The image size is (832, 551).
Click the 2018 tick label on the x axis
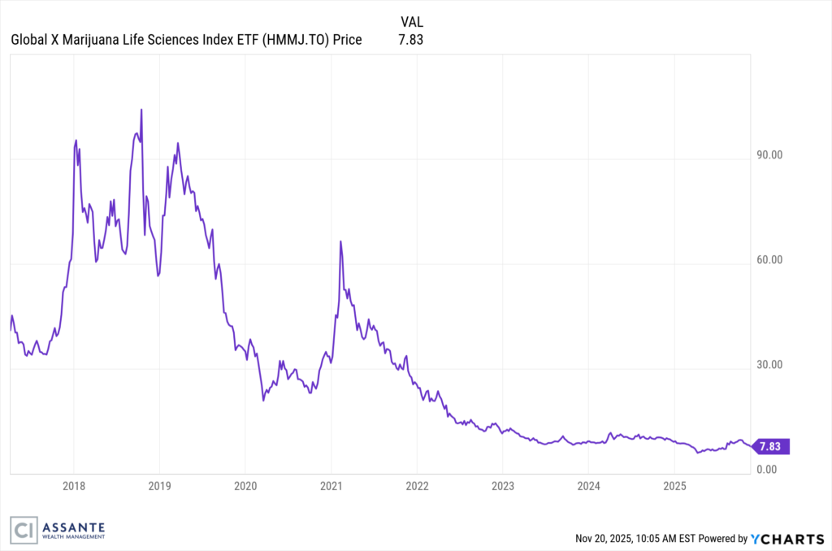point(73,487)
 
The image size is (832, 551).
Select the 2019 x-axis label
point(159,487)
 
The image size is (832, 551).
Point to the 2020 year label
point(245,487)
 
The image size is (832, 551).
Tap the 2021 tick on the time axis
point(331,487)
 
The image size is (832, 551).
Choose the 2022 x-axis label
point(417,487)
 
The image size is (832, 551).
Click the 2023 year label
point(502,487)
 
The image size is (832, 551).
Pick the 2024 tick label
point(588,487)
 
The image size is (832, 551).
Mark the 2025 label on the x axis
point(674,487)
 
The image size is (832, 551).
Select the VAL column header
point(412,21)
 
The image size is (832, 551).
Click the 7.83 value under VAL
point(412,39)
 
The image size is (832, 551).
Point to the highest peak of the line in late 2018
point(141,109)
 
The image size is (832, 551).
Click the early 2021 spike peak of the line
point(340,241)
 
